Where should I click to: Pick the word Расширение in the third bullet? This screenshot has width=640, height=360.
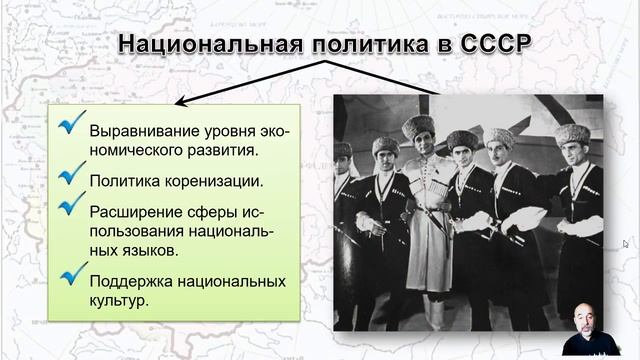click(134, 211)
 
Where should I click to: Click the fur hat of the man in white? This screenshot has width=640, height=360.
click(419, 126)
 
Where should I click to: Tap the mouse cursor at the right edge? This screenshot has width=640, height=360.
click(626, 243)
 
